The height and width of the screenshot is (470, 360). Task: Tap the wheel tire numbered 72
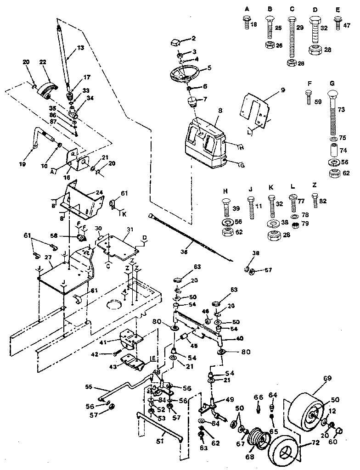click(282, 449)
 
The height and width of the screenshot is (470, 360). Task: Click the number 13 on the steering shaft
click(81, 48)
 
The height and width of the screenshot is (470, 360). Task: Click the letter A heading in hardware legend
click(247, 9)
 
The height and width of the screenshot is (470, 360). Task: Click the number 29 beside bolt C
click(300, 28)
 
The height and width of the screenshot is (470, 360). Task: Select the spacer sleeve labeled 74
click(332, 150)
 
